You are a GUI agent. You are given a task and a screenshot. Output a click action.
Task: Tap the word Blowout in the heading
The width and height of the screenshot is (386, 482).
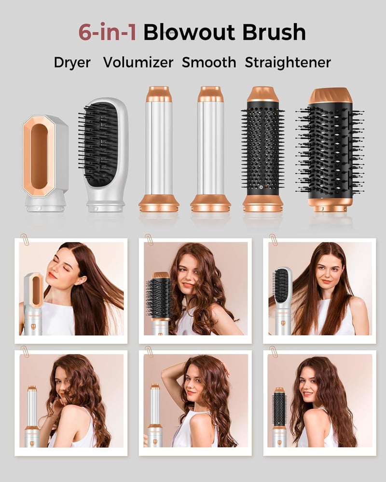[x=189, y=32]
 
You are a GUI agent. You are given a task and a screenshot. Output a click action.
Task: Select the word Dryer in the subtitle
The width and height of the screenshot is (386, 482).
[x=72, y=62]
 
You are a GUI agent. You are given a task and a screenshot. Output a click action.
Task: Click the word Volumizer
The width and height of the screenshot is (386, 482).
[x=138, y=62]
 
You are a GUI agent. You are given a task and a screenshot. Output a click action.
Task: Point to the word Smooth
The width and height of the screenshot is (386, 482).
[x=209, y=62]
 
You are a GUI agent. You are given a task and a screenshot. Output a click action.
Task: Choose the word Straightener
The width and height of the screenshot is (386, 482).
[x=288, y=62]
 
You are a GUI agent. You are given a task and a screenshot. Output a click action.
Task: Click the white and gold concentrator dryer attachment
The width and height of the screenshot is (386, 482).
[x=45, y=163]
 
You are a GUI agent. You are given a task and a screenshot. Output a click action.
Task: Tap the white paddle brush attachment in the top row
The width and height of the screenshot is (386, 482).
[x=103, y=155]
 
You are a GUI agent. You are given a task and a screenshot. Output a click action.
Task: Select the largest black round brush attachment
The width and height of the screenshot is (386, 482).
[x=330, y=150]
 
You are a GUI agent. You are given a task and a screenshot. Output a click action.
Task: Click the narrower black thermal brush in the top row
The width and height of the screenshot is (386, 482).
[x=262, y=149]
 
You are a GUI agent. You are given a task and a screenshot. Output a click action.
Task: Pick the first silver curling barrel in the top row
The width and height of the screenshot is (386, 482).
[x=159, y=149]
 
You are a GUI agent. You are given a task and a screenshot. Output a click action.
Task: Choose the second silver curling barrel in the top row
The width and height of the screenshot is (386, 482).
[x=210, y=149]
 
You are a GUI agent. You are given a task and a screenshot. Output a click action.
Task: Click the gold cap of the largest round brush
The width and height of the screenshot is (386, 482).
[x=331, y=95]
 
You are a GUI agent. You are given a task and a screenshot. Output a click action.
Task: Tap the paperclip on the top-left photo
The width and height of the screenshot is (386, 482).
[x=24, y=240]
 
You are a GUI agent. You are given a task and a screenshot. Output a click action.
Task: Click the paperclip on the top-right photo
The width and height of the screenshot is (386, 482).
[x=273, y=240]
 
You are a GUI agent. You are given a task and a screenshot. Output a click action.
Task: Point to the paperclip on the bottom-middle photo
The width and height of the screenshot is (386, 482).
[x=149, y=351]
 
